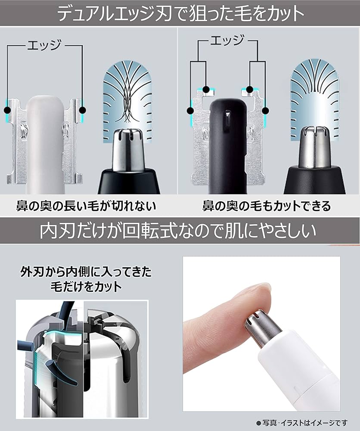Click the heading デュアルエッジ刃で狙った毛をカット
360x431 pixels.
[180, 14]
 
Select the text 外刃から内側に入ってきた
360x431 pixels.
[86, 272]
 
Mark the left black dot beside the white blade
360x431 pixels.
[7, 110]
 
